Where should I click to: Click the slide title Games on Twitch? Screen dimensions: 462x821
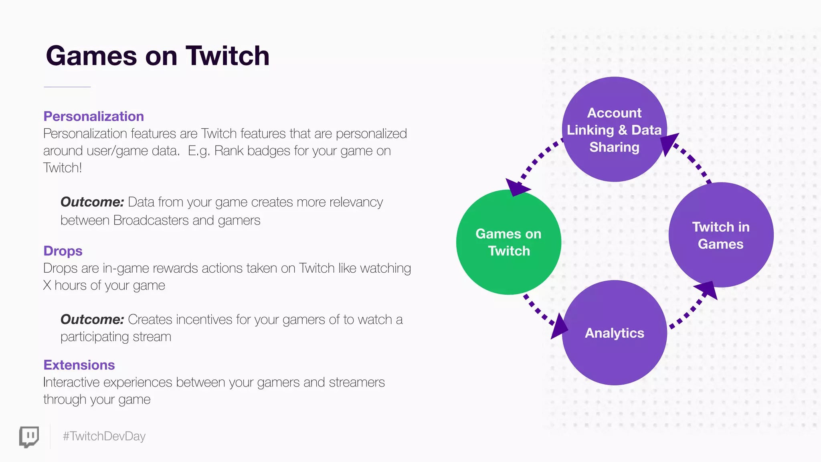click(x=158, y=56)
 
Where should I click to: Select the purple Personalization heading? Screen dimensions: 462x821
click(x=93, y=116)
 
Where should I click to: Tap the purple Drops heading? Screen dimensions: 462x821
click(x=63, y=251)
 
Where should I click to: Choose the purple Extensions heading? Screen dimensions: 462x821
click(x=79, y=365)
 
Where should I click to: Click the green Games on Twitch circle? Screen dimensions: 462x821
click(x=508, y=242)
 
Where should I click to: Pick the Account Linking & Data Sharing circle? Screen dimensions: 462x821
click(x=614, y=129)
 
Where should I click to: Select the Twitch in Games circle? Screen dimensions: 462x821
click(x=721, y=235)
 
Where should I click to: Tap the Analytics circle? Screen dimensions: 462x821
click(x=614, y=333)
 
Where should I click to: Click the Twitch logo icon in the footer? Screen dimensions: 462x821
click(x=29, y=437)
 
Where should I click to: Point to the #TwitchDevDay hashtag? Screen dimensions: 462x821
click(x=104, y=436)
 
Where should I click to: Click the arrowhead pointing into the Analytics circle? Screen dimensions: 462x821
click(x=559, y=327)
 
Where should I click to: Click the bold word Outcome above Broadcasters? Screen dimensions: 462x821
click(x=92, y=202)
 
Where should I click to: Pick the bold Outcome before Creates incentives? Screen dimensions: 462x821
click(x=92, y=320)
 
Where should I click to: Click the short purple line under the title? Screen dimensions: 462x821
click(x=67, y=87)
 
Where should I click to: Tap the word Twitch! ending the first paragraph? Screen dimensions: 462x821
click(x=63, y=168)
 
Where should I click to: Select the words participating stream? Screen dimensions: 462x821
click(x=116, y=337)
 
